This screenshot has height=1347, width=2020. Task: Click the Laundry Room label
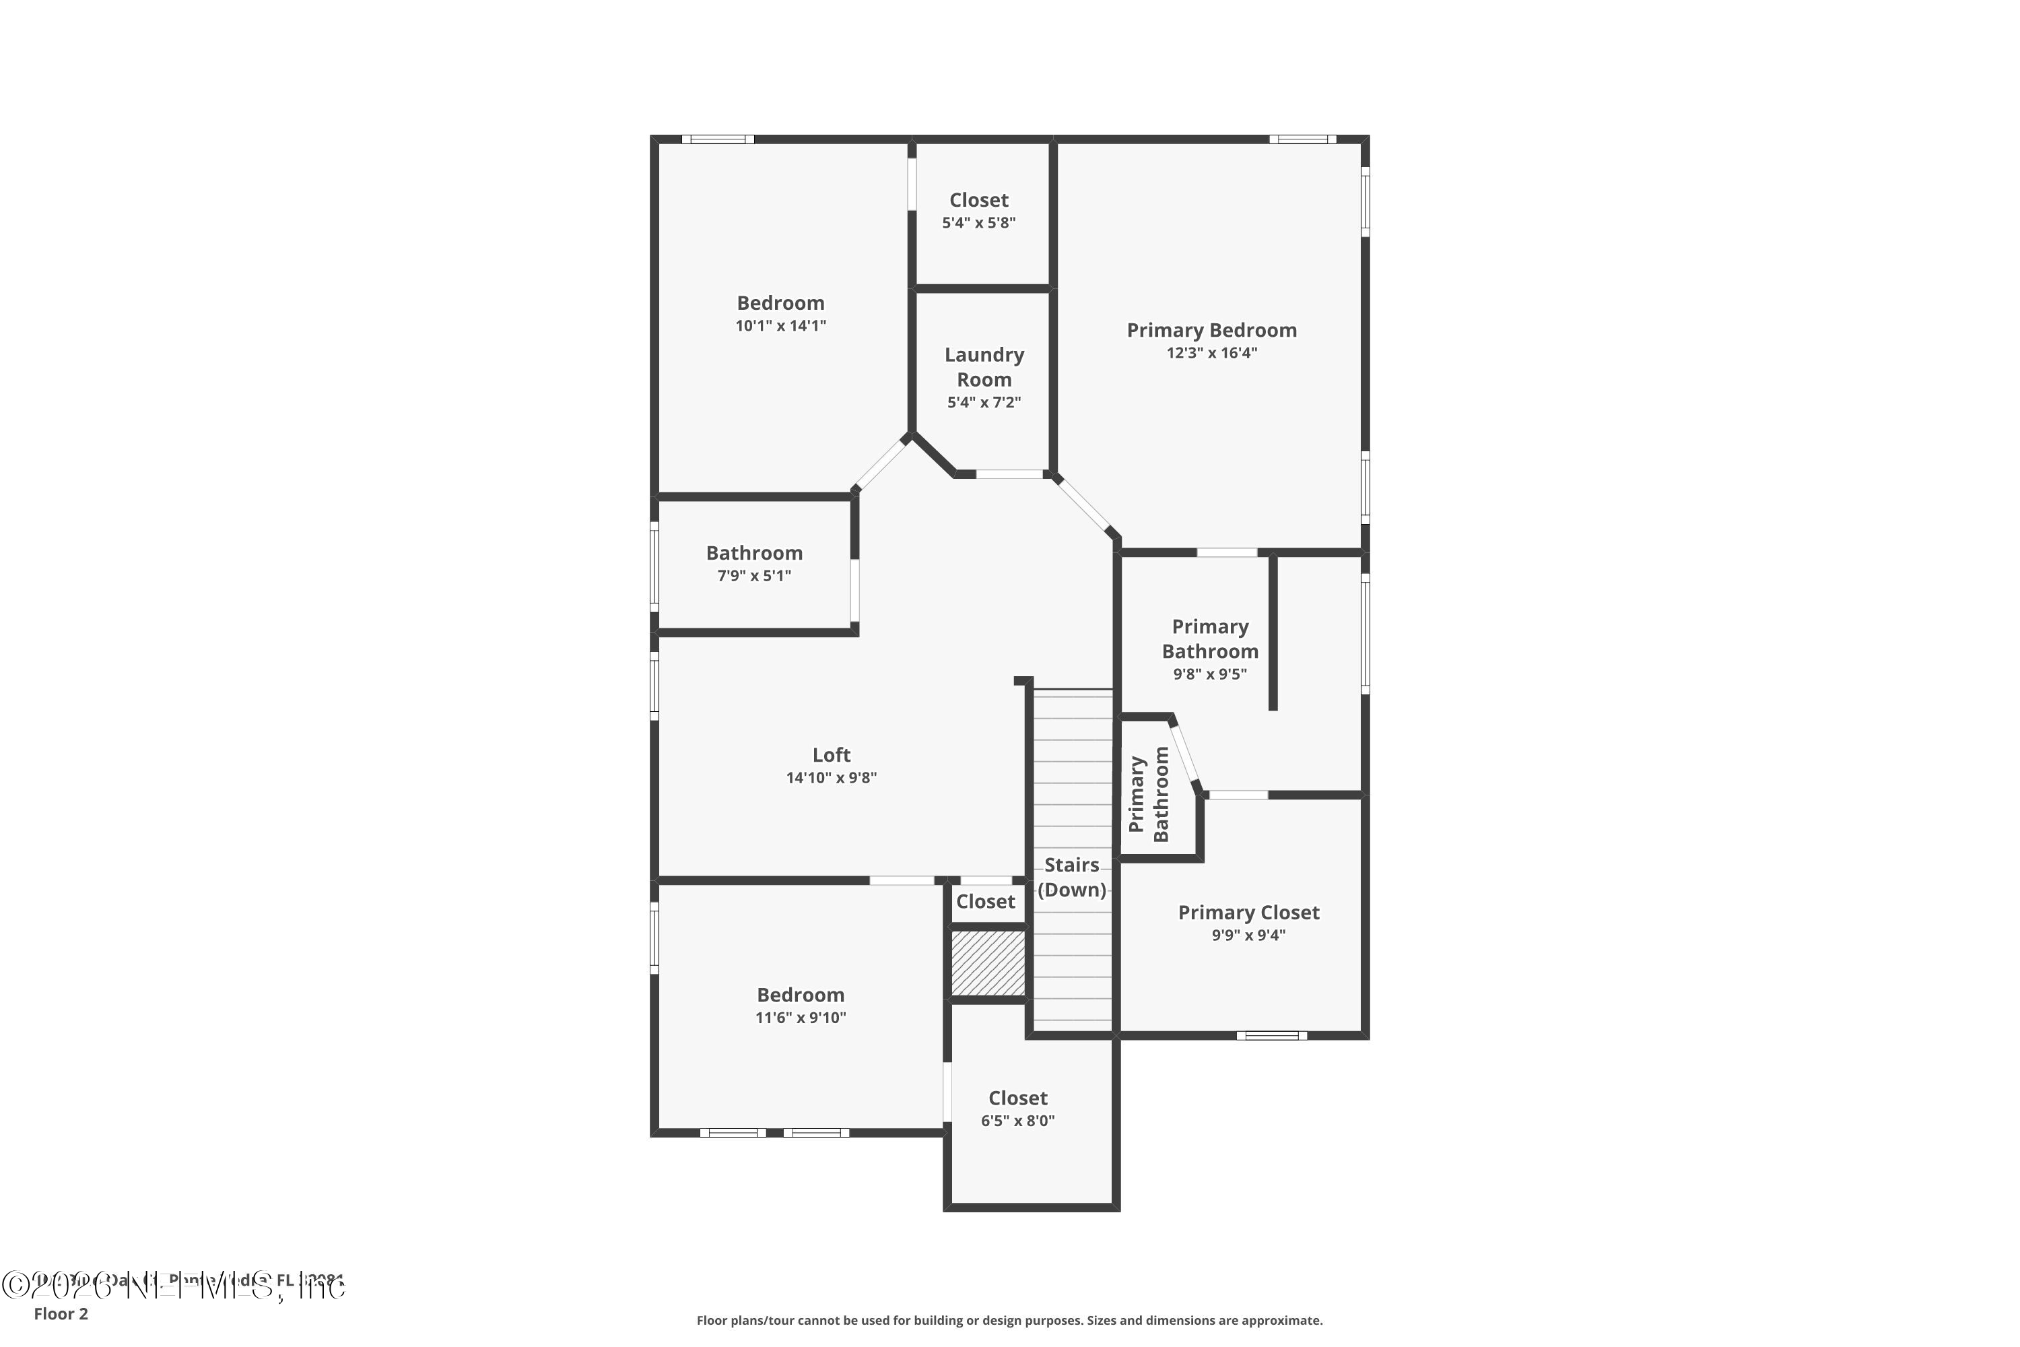coord(984,367)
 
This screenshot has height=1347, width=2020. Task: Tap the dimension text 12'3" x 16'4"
coord(1211,353)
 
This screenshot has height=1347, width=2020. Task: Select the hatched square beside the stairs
coord(988,963)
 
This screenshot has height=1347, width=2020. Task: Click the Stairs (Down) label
coord(1071,877)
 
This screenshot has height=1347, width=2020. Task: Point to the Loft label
coord(832,755)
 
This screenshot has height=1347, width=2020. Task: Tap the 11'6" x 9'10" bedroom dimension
coord(801,1018)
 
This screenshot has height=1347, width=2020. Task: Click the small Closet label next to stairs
coord(985,902)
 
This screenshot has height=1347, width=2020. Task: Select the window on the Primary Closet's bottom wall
coord(1271,1036)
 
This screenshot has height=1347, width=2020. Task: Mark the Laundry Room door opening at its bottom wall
coord(1009,474)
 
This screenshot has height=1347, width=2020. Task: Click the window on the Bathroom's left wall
coord(654,567)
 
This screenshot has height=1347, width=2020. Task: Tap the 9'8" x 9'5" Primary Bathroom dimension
coord(1209,674)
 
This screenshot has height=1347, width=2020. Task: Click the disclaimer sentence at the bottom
coord(1009,1320)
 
